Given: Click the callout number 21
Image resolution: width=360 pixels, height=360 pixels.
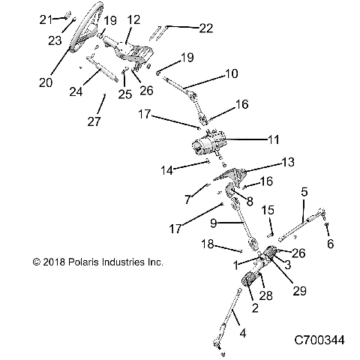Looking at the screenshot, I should [x=46, y=19].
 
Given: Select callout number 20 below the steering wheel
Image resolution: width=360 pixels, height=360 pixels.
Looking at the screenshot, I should [x=46, y=82].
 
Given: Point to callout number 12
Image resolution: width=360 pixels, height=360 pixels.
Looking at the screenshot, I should [x=133, y=19].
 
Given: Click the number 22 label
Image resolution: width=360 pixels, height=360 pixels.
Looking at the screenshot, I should [x=204, y=28].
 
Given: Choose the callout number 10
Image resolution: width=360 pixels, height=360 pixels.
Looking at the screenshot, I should [x=232, y=73].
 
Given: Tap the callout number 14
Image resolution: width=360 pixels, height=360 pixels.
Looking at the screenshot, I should [x=166, y=170].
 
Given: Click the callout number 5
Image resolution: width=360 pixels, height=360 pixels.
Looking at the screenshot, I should [x=303, y=192].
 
